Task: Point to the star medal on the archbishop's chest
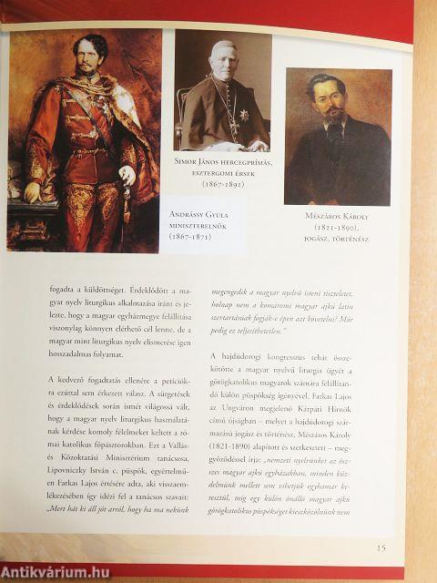tap(244, 116)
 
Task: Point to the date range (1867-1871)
tap(198, 236)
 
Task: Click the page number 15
tap(381, 547)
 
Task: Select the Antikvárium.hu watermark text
tap(56, 572)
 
